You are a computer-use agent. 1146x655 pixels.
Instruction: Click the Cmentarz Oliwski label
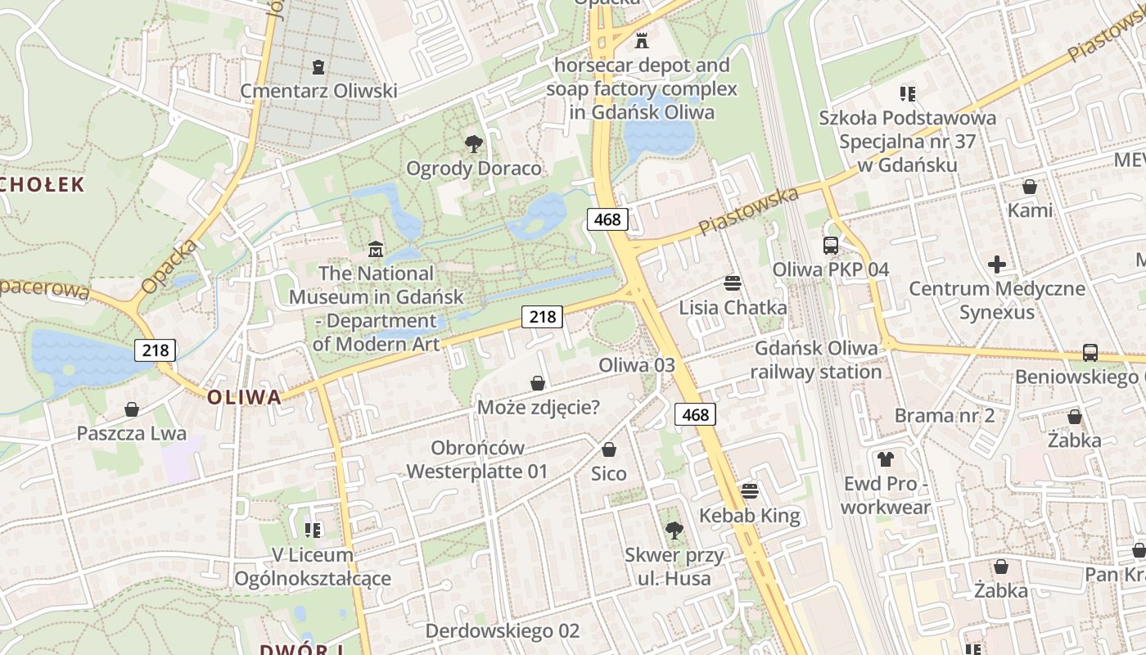click(318, 91)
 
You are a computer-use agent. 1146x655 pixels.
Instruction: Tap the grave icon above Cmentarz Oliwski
click(318, 67)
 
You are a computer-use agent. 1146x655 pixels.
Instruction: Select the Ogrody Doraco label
click(474, 169)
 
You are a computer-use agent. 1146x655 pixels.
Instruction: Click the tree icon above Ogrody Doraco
click(473, 145)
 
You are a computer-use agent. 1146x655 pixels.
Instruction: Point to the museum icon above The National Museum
click(376, 248)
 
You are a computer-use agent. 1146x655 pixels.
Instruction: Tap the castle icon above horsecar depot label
click(642, 39)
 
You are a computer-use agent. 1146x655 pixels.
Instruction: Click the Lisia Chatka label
click(733, 308)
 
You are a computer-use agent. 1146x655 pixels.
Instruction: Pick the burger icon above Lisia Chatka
click(733, 283)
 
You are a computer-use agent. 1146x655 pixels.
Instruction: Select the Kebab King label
click(749, 516)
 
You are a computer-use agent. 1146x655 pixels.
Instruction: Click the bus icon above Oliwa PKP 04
click(831, 245)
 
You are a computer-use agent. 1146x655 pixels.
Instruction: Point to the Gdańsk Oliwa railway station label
click(816, 360)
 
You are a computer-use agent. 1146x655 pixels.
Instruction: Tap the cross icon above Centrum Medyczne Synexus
click(997, 264)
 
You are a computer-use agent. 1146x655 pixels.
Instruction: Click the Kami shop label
click(1030, 210)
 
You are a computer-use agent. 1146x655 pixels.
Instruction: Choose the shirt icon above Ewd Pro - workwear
click(885, 458)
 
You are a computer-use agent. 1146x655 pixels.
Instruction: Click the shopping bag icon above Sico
click(609, 449)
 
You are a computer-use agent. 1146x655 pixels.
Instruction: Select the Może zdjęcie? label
click(539, 407)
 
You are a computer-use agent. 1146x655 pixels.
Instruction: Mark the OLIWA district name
click(244, 398)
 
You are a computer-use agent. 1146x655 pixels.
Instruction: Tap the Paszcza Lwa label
click(132, 433)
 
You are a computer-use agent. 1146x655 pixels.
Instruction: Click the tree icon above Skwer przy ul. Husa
click(674, 531)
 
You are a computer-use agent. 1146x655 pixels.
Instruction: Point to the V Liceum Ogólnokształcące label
click(313, 567)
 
